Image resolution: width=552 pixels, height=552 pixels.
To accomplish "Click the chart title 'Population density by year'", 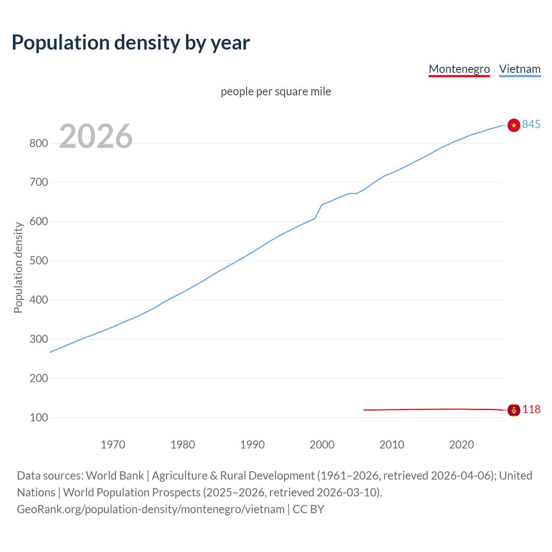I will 131,42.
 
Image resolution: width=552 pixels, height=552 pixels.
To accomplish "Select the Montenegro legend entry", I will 459,69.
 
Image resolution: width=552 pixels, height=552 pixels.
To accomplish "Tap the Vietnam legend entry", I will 520,69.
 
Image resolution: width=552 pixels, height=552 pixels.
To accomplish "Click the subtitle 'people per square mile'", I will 276,91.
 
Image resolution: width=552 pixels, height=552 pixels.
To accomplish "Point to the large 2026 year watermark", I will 96,136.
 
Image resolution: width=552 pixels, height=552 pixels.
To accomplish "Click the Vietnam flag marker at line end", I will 514,125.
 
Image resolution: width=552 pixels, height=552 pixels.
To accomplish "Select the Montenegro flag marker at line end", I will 514,410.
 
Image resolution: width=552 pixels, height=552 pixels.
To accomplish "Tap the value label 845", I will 531,124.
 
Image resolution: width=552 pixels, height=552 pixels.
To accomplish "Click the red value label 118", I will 531,409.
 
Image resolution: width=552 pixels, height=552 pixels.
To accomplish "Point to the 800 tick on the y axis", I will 38,143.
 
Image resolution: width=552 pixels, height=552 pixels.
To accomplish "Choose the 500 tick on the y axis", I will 38,261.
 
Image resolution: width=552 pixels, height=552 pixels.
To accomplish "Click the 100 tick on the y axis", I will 38,417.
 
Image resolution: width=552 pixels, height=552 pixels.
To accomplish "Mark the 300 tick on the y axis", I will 38,339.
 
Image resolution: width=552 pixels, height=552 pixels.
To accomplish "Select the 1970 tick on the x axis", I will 113,445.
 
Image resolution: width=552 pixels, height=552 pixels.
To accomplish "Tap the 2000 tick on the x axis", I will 322,445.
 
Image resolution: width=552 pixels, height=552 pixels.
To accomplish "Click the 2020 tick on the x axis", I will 461,445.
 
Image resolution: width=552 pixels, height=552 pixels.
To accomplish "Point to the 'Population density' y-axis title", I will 18,267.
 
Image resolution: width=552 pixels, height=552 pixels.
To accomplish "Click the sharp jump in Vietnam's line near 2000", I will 318,211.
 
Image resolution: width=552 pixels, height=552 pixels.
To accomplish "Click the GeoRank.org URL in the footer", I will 151,509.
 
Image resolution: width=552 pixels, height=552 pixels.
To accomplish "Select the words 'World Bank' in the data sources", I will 115,476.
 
